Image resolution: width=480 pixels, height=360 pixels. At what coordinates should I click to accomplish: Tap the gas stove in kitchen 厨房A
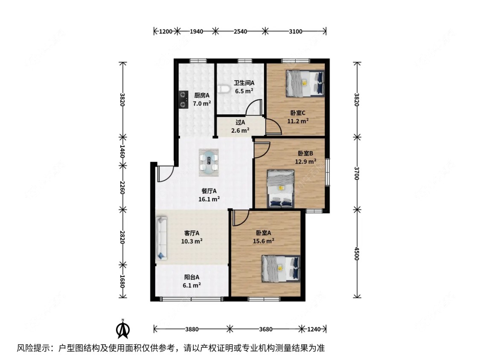[183, 99]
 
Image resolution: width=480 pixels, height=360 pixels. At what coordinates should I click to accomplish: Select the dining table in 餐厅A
[209, 162]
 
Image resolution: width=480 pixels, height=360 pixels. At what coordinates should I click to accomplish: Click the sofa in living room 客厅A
[161, 238]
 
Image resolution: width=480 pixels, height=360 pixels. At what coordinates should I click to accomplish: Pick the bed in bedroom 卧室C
[305, 83]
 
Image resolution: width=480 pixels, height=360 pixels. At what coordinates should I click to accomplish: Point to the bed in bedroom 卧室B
[280, 189]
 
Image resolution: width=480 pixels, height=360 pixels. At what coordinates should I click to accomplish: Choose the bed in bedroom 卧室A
[281, 268]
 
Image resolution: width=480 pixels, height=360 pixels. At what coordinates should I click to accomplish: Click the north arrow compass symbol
[123, 329]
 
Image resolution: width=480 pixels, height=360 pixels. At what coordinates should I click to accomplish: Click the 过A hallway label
[240, 122]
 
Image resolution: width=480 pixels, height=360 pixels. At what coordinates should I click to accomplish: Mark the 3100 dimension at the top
[295, 31]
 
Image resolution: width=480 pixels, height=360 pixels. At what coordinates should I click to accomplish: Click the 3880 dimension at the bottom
[192, 329]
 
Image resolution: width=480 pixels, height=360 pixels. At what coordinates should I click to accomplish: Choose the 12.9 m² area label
[305, 162]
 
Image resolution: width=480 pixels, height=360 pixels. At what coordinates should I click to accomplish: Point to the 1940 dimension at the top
[195, 31]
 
